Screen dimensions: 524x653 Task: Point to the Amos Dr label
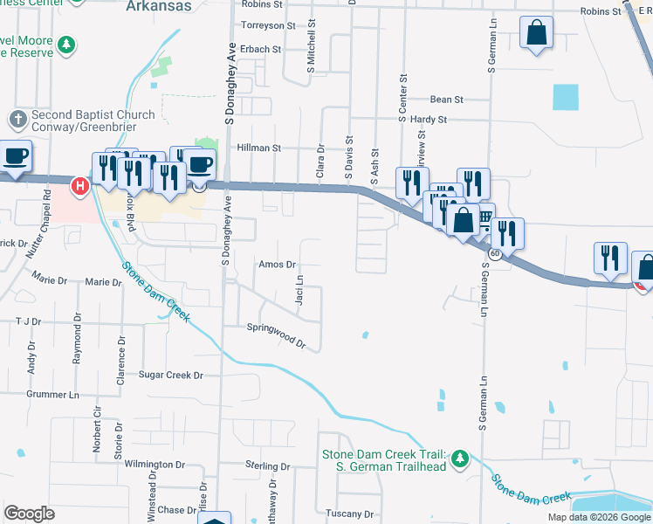pos(278,264)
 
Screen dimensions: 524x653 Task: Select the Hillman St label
pos(258,148)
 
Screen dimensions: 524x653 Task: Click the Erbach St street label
pos(261,50)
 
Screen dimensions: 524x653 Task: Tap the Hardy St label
pos(429,120)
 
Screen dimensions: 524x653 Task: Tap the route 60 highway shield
pos(494,253)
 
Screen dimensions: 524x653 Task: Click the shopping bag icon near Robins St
pos(537,33)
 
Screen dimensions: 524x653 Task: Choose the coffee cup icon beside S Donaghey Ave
pos(200,164)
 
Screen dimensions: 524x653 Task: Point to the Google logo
pos(29,514)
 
